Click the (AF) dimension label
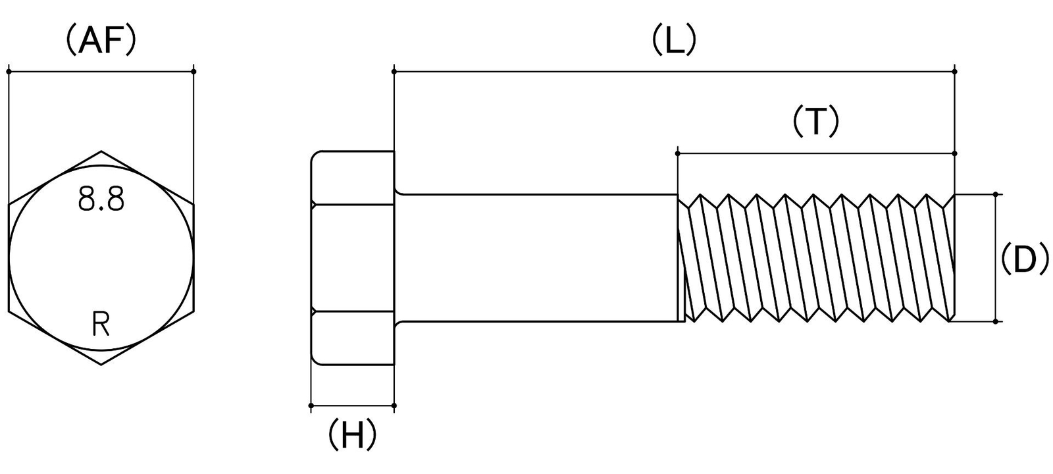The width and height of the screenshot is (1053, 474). tap(101, 41)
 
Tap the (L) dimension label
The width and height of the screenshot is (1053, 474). tap(674, 40)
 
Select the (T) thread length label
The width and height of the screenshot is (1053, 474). tap(815, 121)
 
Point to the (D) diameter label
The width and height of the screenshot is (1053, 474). tap(1025, 258)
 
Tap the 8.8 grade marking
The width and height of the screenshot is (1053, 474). tap(101, 199)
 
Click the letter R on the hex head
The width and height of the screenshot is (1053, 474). tap(101, 325)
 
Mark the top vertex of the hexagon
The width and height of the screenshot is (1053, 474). tap(101, 151)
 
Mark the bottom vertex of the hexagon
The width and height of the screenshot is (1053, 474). tap(101, 365)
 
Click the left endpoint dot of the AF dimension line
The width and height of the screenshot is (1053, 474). tap(9, 72)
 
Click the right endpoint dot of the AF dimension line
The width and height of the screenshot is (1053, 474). tap(194, 72)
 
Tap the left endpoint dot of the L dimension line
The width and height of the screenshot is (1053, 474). tap(394, 72)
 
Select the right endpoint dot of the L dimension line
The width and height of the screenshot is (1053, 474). tap(955, 72)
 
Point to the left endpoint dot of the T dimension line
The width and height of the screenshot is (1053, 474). tap(677, 153)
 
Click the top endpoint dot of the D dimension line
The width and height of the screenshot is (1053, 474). tap(996, 194)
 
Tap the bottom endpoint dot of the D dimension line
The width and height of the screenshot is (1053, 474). tap(996, 322)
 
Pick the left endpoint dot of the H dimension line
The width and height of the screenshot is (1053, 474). tap(311, 406)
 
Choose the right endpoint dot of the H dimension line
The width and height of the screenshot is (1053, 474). tap(394, 406)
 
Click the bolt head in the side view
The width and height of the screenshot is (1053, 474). tap(353, 257)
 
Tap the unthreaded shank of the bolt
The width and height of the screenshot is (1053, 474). tap(536, 257)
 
